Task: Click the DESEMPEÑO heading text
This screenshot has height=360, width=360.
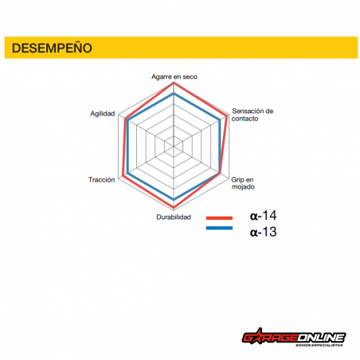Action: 52,48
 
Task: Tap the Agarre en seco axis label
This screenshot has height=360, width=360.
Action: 174,76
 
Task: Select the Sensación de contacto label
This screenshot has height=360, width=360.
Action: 252,115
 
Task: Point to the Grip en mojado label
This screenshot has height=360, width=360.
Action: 243,183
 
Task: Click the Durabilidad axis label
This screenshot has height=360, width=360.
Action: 174,217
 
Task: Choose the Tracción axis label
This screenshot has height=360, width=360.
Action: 101,180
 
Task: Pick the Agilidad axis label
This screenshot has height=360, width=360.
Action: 103,114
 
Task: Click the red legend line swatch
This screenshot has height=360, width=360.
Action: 219,218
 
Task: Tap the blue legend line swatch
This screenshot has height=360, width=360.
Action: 219,228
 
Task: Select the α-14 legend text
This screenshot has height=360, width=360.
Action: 263,215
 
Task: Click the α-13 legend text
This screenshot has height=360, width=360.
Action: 263,232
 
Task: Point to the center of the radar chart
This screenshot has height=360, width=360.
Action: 174,147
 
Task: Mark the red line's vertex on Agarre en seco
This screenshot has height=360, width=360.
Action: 174,83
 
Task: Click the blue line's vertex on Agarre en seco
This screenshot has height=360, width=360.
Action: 174,93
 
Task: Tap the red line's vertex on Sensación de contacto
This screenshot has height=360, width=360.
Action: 227,115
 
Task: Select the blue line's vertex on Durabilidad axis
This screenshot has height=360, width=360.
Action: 174,199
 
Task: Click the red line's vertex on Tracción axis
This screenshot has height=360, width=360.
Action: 123,176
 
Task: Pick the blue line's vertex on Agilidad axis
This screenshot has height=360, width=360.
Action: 128,120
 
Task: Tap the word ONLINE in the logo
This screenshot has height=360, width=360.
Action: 321,338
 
